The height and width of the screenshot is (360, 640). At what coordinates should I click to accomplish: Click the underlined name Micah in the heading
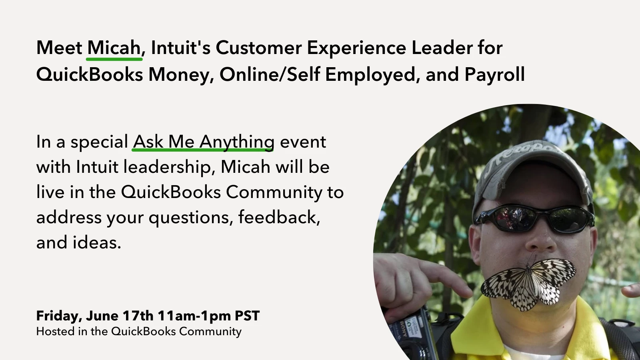click(114, 48)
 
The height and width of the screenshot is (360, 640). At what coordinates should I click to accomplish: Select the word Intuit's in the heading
click(180, 48)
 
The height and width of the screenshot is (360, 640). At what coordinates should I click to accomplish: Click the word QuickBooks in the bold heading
click(90, 74)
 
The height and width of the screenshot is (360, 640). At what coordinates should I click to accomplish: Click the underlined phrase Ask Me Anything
click(204, 142)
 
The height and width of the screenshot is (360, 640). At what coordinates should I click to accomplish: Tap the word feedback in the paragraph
click(279, 217)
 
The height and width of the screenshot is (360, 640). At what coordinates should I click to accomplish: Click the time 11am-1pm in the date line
click(194, 316)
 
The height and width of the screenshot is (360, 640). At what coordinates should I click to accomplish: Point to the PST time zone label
click(247, 316)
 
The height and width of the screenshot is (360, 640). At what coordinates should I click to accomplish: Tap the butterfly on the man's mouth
click(528, 284)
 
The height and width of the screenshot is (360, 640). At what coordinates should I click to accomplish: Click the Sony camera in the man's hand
click(412, 334)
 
